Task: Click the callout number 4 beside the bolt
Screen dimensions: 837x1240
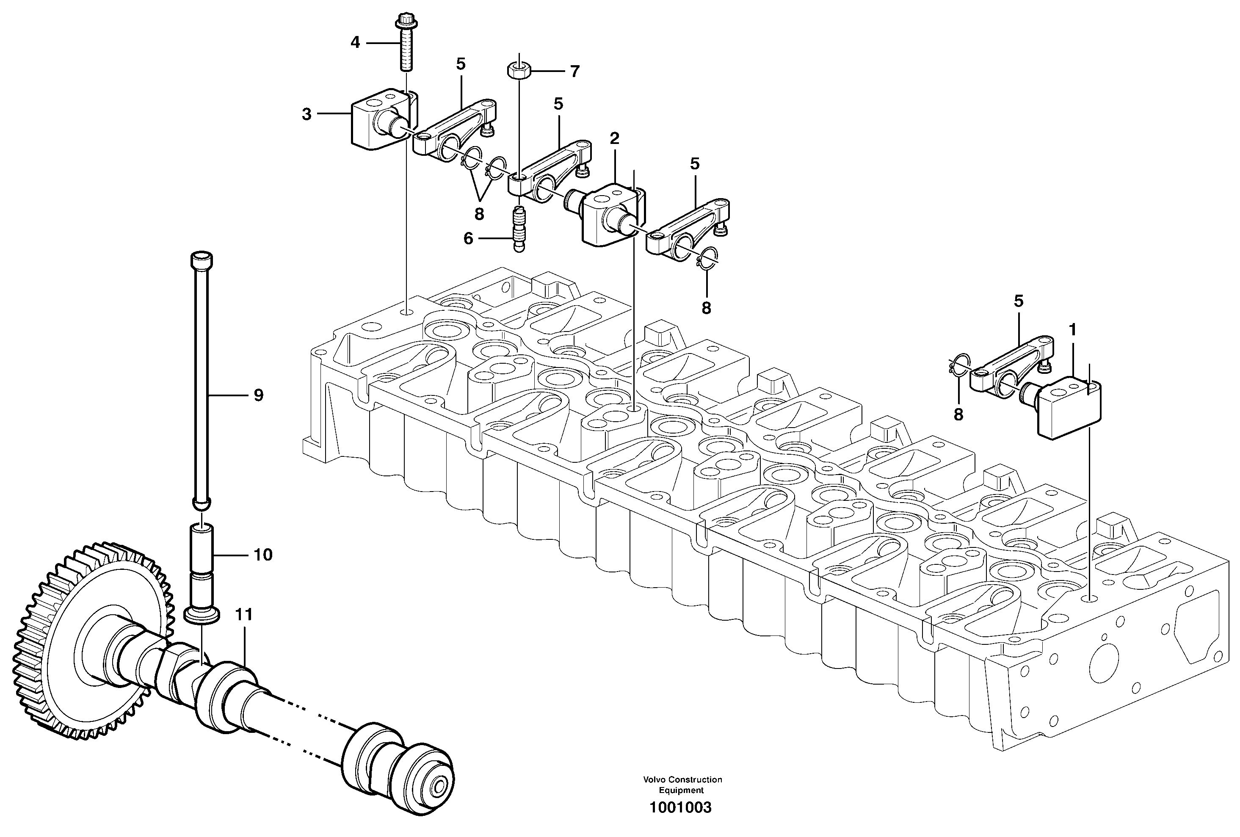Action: (355, 42)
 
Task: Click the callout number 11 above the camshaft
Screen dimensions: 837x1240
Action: (244, 615)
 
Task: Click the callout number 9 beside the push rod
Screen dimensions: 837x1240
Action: (258, 395)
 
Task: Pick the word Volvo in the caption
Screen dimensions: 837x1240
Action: (654, 779)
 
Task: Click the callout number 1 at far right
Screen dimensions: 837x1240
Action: (1072, 330)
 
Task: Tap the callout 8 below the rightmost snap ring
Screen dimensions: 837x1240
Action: (958, 414)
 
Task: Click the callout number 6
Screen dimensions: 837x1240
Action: (468, 238)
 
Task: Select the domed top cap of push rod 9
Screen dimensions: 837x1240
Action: (201, 260)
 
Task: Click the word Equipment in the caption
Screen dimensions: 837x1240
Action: (681, 790)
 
